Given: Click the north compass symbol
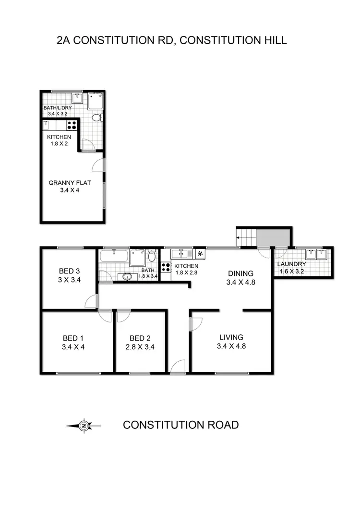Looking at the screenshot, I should coord(84,425).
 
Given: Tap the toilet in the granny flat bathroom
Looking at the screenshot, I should coord(96,116).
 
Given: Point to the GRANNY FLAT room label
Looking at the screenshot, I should coord(70,183).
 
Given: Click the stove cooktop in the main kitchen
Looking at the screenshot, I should coord(166,268).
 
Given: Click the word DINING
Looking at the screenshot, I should coord(240,274).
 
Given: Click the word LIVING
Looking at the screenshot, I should coord(231,337).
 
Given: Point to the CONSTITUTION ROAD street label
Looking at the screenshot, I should coord(180,425).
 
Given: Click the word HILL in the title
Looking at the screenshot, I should coord(273,40).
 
